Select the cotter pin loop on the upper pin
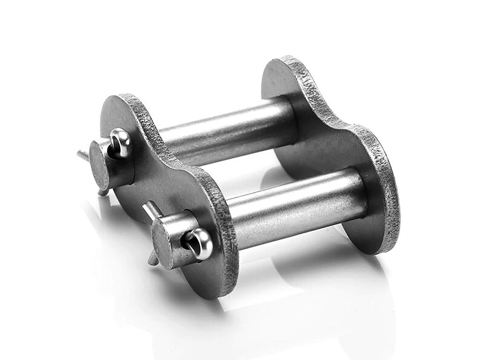(120, 140)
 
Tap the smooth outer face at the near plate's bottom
(187, 277)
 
